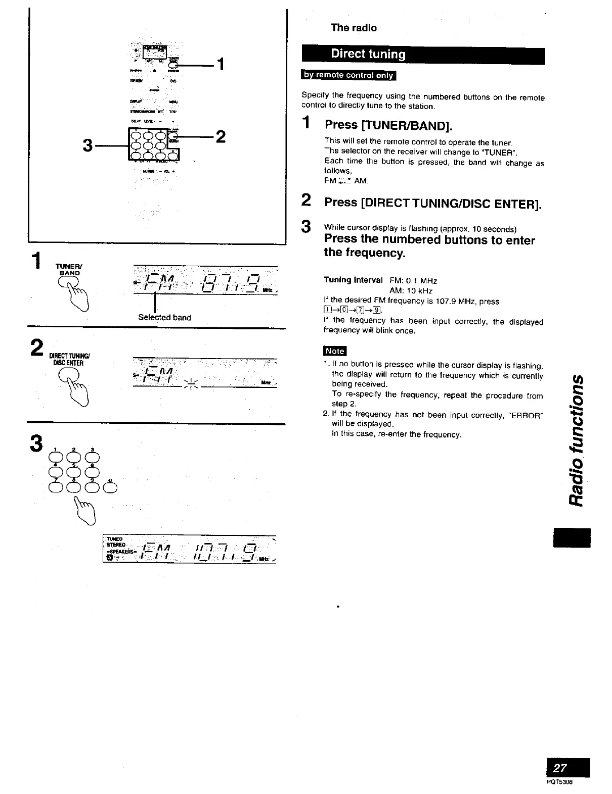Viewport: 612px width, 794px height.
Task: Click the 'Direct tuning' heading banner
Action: pyautogui.click(x=368, y=55)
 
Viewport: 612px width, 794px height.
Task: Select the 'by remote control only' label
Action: pyautogui.click(x=348, y=75)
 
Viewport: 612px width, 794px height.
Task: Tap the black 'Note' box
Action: pyautogui.click(x=334, y=351)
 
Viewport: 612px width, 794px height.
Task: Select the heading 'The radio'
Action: pyautogui.click(x=354, y=28)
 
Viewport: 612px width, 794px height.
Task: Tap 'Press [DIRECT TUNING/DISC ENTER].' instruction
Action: pyautogui.click(x=433, y=203)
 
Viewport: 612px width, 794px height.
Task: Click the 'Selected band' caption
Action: pyautogui.click(x=164, y=318)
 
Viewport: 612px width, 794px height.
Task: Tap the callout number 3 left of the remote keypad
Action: pyautogui.click(x=88, y=145)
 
